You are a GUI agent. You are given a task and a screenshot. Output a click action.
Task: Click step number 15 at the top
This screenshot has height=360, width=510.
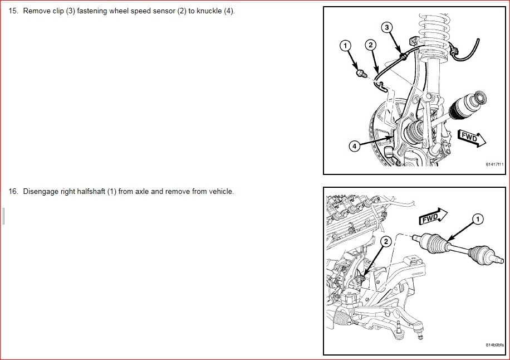[x=13, y=11]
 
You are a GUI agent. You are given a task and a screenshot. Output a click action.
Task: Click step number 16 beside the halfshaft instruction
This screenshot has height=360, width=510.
[x=13, y=191]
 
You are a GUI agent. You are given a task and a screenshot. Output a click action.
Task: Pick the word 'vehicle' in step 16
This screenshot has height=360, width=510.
[x=221, y=191]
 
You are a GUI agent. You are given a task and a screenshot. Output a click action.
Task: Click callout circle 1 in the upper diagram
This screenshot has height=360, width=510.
[x=345, y=46]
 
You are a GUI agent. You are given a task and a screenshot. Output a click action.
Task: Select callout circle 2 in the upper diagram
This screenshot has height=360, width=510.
[x=370, y=45]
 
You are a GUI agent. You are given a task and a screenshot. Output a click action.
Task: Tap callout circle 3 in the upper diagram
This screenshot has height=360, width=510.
[x=386, y=27]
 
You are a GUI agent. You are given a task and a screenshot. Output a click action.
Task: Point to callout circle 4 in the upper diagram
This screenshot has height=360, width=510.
[x=355, y=146]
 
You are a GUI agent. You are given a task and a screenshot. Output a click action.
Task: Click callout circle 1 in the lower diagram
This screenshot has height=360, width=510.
[x=478, y=219]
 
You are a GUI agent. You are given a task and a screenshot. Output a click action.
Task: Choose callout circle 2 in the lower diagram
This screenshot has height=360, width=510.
[x=386, y=241]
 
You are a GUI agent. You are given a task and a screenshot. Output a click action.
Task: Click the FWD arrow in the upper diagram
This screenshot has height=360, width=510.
[x=472, y=138]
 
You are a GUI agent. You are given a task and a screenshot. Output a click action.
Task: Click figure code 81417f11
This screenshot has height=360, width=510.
[x=494, y=164]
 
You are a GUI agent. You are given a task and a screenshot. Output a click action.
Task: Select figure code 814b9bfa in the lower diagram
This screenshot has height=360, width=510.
[x=494, y=345]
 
